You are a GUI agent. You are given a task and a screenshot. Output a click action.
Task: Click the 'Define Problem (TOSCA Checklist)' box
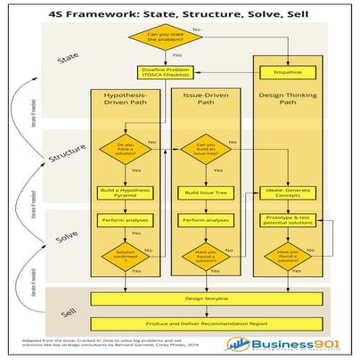pos(165,72)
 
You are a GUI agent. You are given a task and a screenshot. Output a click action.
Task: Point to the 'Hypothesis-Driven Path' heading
pos(124,103)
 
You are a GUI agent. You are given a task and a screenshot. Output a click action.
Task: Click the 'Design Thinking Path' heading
pos(286,99)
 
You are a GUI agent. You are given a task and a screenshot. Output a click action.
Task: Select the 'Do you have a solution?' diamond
pos(124,150)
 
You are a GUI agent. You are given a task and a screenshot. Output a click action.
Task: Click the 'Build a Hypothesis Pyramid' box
pos(124,192)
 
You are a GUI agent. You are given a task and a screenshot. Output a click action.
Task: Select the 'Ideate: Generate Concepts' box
pos(286,192)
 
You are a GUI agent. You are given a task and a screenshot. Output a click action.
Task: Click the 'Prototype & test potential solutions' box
pos(286,219)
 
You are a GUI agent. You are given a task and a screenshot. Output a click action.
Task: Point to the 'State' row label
pos(68,58)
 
